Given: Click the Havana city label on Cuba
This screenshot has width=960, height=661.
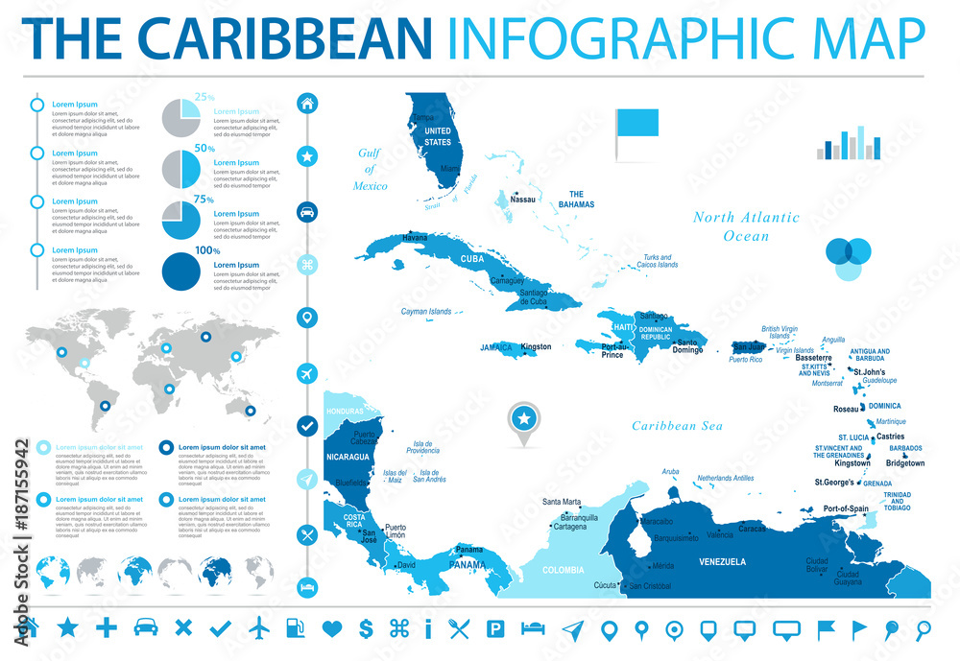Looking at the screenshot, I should [x=388, y=237].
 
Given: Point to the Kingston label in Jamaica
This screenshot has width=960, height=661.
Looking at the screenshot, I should [x=536, y=346].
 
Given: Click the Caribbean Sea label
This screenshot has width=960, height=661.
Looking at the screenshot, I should [x=677, y=426].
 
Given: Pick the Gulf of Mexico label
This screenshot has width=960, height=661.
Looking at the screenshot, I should [x=370, y=169].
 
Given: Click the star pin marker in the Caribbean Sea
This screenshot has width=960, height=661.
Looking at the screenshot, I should [x=524, y=418].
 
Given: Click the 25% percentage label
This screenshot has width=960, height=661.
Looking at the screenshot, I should [x=204, y=97].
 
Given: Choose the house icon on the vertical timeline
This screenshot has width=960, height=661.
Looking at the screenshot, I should [x=308, y=103].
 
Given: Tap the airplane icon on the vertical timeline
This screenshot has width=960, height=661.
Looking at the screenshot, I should [x=308, y=370].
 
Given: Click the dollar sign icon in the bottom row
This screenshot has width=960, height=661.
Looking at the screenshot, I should [x=366, y=628].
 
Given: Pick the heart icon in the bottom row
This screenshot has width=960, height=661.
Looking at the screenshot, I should [x=332, y=628].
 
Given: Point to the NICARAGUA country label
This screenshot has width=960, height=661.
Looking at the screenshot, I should [x=347, y=457].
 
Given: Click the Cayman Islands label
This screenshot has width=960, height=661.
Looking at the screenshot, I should [x=426, y=312].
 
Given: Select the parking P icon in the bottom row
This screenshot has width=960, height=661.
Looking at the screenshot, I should [x=496, y=628].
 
